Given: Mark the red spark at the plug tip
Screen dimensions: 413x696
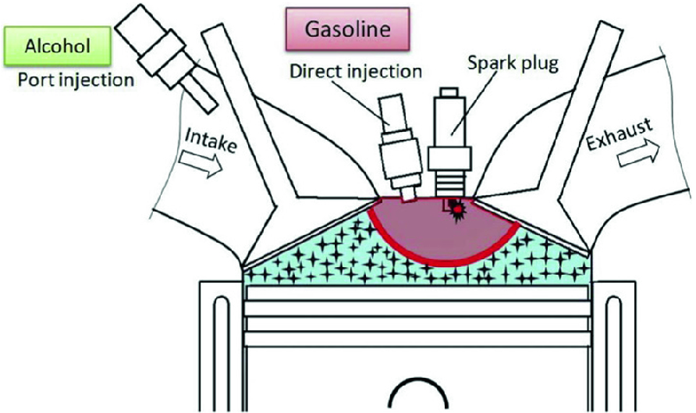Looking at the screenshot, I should click(x=454, y=210).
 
